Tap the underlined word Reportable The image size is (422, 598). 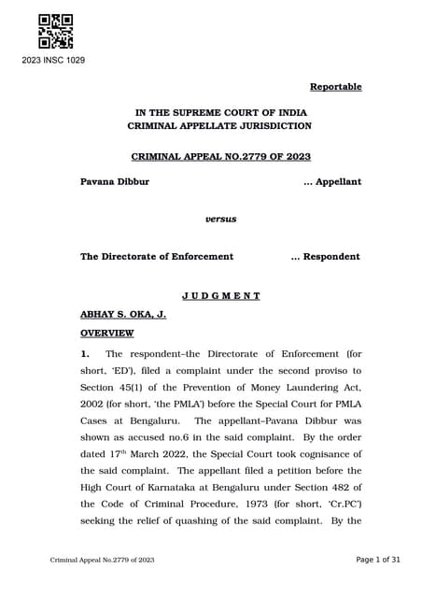click(x=335, y=87)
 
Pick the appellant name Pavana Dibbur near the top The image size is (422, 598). click(x=115, y=181)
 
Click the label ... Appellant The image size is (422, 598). click(x=332, y=181)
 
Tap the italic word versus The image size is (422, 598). click(x=221, y=219)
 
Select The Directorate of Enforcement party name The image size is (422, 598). click(x=157, y=256)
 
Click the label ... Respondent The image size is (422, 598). click(x=326, y=256)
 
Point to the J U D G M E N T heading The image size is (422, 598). click(x=221, y=295)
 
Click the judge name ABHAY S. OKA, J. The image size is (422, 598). click(x=123, y=314)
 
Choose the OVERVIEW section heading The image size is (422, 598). click(x=107, y=333)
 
